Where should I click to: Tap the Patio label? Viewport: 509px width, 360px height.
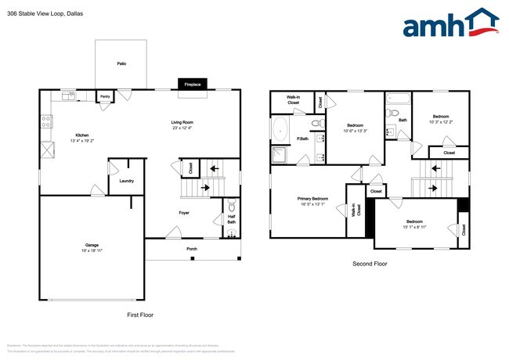(121, 63)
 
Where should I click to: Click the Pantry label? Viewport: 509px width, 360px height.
(105, 97)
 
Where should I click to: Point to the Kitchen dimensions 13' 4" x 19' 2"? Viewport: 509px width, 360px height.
(81, 142)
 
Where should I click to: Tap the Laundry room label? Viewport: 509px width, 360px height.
(126, 181)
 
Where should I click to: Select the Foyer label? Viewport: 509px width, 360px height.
(184, 212)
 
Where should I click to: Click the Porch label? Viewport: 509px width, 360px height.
(191, 249)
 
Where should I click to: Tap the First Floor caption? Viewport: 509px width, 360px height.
(140, 315)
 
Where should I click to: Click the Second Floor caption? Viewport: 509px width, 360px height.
(370, 264)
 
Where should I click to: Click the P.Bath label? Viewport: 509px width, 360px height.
(301, 139)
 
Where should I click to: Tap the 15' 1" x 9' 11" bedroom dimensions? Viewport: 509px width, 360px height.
(414, 227)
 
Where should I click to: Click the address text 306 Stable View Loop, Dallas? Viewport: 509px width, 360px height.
(45, 13)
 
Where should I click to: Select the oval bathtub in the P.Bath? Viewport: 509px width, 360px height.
(280, 130)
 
